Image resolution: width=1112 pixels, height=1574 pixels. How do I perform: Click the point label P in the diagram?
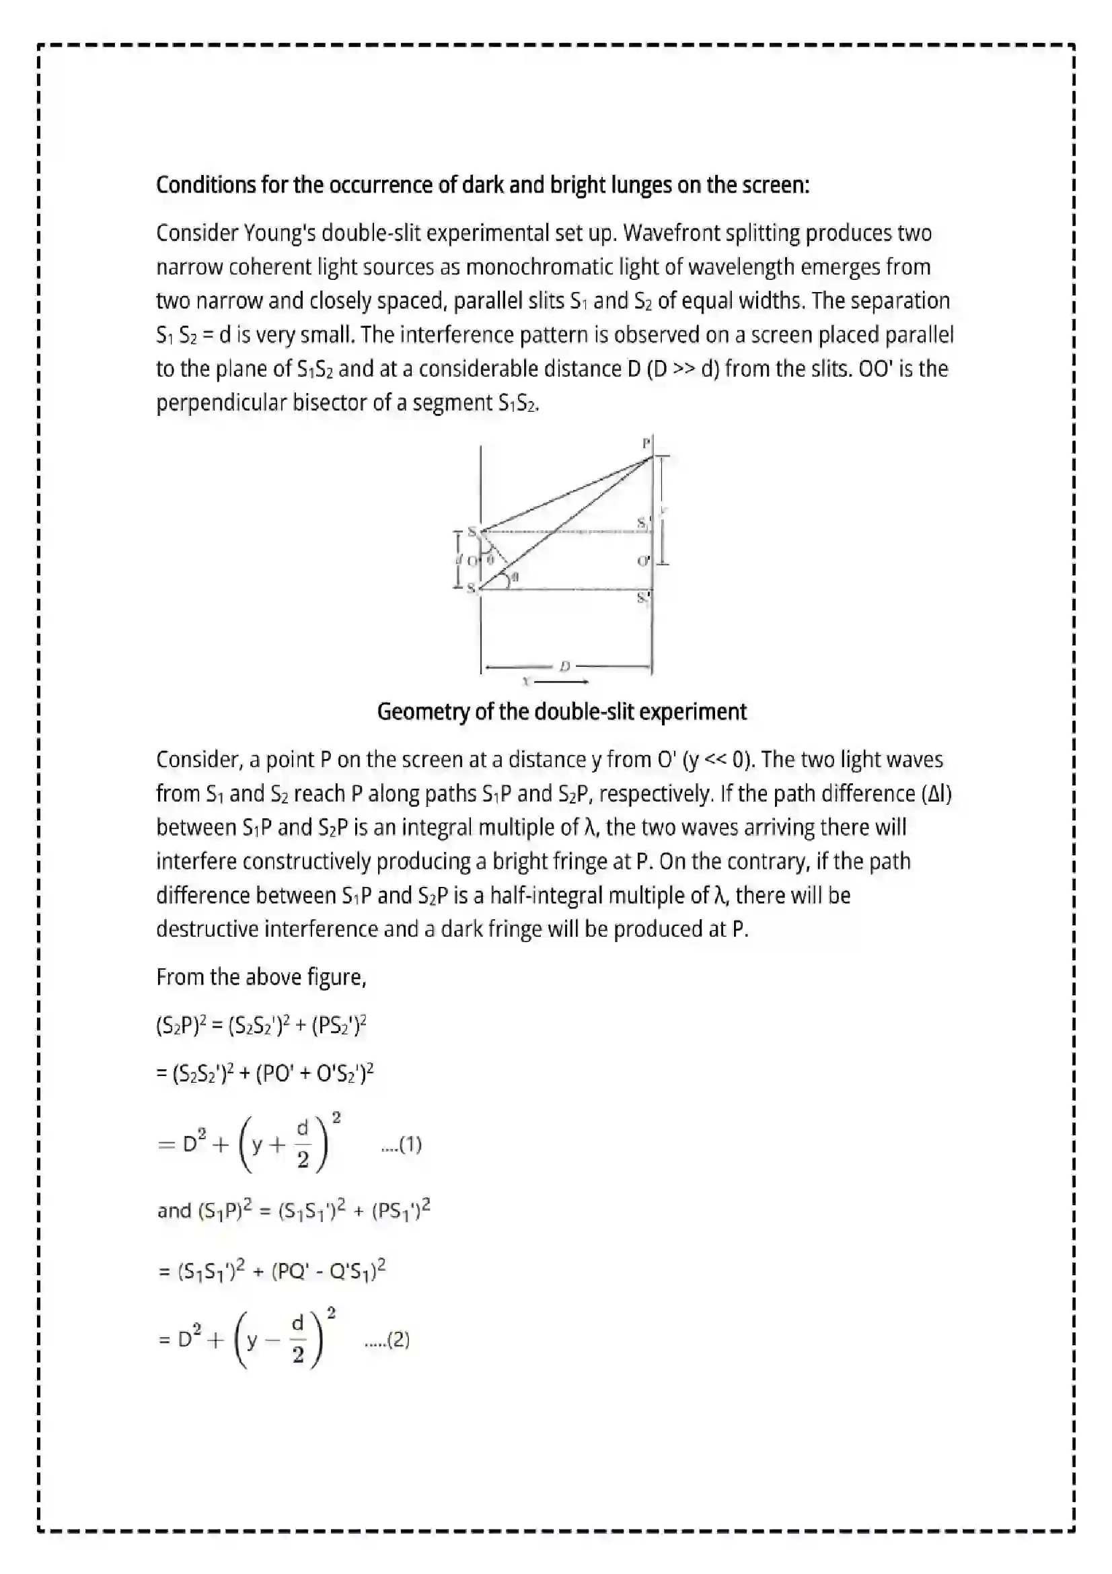click(645, 443)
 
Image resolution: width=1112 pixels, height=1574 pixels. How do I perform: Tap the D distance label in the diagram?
click(564, 666)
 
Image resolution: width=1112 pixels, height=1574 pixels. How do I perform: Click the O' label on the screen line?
click(643, 561)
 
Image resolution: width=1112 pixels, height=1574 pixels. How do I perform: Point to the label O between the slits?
click(473, 561)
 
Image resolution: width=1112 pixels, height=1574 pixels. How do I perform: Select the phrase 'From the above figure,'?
click(261, 977)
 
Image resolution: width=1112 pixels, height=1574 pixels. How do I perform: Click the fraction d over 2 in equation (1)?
click(302, 1144)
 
